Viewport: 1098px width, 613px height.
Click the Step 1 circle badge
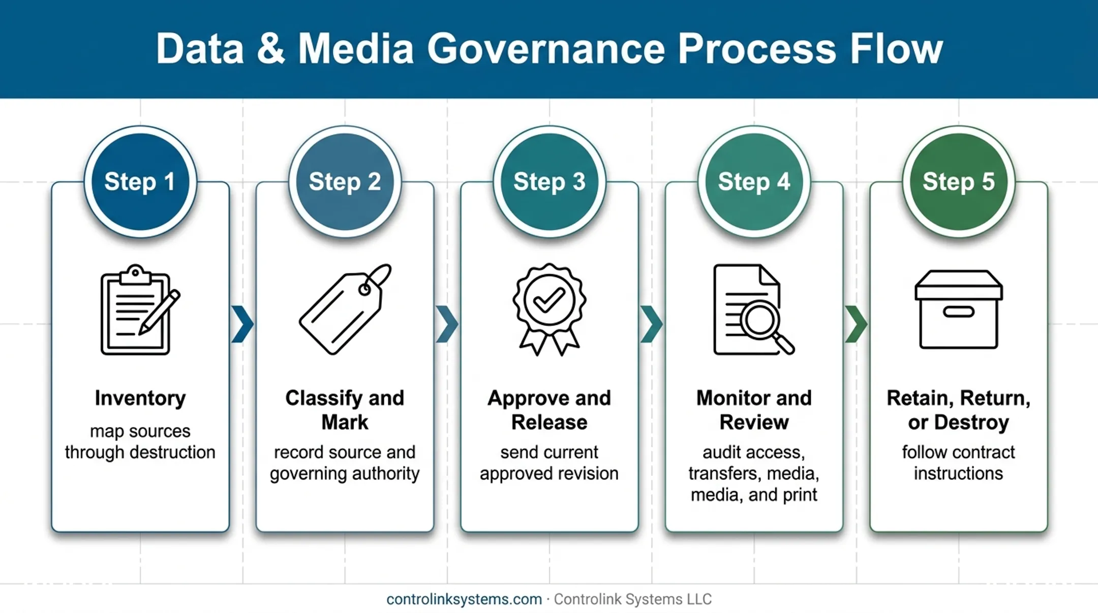pyautogui.click(x=140, y=181)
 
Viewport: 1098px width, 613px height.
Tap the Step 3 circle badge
pyautogui.click(x=550, y=181)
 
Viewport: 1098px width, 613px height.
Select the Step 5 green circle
pyautogui.click(x=959, y=181)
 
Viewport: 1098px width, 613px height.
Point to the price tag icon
pyautogui.click(x=345, y=309)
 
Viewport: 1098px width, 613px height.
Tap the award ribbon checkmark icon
pyautogui.click(x=549, y=309)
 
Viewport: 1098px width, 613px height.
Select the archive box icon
pyautogui.click(x=959, y=310)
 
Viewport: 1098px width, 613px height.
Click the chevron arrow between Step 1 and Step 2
pyautogui.click(x=242, y=324)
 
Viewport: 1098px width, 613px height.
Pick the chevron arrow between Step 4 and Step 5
pyautogui.click(x=857, y=324)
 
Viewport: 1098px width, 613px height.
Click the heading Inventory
pyautogui.click(x=140, y=399)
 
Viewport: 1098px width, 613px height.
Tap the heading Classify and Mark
pyautogui.click(x=345, y=410)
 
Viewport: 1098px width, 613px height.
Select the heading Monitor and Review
pyautogui.click(x=754, y=410)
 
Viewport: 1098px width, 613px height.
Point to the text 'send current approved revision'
pyautogui.click(x=549, y=463)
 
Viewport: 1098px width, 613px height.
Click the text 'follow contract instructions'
pyautogui.click(x=959, y=463)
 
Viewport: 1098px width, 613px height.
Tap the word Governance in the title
pyautogui.click(x=546, y=49)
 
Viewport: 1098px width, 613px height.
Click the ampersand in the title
pyautogui.click(x=271, y=49)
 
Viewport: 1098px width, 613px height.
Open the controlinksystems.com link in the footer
pyautogui.click(x=464, y=599)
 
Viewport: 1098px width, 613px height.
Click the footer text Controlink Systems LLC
pyautogui.click(x=633, y=599)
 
